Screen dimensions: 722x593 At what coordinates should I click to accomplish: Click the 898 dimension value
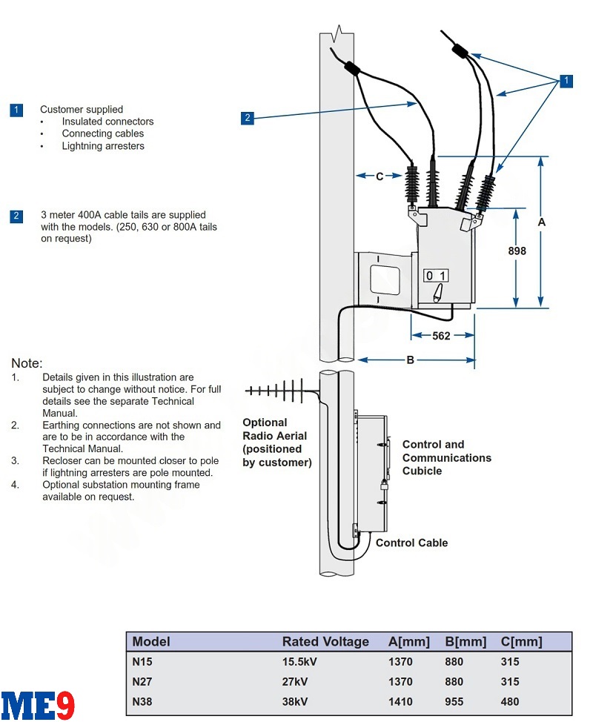(517, 251)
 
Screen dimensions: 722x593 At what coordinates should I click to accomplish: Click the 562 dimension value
(441, 336)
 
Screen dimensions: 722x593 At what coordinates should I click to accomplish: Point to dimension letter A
(542, 222)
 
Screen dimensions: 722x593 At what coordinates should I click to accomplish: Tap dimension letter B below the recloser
(410, 360)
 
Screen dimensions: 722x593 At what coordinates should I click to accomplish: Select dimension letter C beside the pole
(380, 176)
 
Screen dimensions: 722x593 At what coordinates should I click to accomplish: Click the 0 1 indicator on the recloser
(435, 276)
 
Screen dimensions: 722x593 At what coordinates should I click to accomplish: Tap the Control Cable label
(411, 543)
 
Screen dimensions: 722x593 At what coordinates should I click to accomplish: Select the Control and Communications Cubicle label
(446, 457)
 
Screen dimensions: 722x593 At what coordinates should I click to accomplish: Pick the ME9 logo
(38, 705)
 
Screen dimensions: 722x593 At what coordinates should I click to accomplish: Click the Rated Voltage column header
(325, 642)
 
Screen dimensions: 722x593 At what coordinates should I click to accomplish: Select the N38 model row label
(142, 701)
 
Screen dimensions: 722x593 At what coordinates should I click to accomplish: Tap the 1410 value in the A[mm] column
(400, 701)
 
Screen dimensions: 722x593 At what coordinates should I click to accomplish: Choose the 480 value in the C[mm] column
(510, 701)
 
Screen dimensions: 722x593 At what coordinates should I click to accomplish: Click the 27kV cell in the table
(296, 681)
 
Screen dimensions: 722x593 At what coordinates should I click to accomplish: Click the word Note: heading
(27, 363)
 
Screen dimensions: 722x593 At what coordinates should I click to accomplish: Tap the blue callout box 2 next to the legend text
(16, 216)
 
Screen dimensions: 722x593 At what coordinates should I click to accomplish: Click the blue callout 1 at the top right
(566, 81)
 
